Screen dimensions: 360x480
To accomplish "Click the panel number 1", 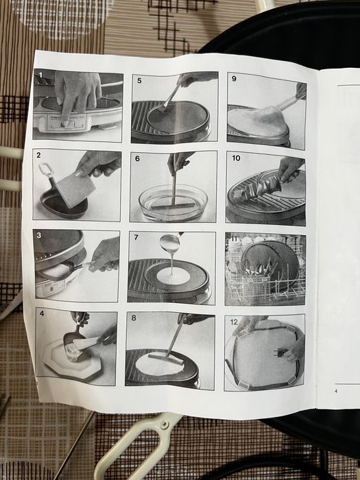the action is pyautogui.click(x=40, y=75).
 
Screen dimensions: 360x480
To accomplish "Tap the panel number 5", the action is pyautogui.click(x=140, y=81).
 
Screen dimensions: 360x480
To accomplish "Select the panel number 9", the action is pyautogui.click(x=234, y=79).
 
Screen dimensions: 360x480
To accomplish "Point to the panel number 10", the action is pyautogui.click(x=236, y=158).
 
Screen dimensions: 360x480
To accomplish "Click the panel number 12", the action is pyautogui.click(x=234, y=322).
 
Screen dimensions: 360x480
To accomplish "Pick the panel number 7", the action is pyautogui.click(x=136, y=237).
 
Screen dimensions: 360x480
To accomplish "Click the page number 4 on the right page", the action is pyautogui.click(x=336, y=392).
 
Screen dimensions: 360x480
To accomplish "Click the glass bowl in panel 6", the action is pyautogui.click(x=173, y=203).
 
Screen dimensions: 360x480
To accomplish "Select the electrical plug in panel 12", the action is pyautogui.click(x=280, y=351).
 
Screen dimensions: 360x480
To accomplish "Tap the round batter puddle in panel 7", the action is pyautogui.click(x=173, y=276).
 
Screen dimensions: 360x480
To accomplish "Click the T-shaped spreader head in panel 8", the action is pyautogui.click(x=166, y=359).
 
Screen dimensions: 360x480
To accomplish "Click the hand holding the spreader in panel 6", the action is pyautogui.click(x=179, y=162).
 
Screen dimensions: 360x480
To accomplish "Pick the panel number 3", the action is pyautogui.click(x=39, y=235).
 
